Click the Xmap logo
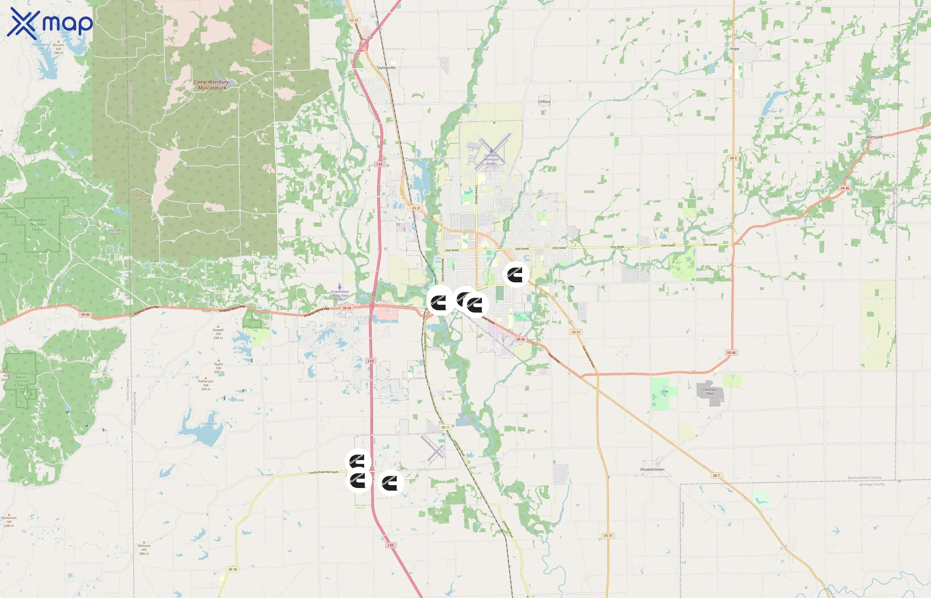[50, 23]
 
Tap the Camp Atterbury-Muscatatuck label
[212, 85]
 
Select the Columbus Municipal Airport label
[491, 159]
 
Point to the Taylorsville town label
[386, 67]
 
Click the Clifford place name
[544, 102]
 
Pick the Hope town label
[734, 49]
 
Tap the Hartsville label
[875, 137]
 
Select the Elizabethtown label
[652, 469]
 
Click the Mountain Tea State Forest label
[38, 225]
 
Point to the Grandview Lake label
[209, 425]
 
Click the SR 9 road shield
[733, 158]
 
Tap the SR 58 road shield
[232, 569]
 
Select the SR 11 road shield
[445, 427]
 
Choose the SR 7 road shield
[716, 475]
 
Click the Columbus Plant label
[710, 391]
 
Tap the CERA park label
[664, 391]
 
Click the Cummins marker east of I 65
[390, 482]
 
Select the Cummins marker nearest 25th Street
[516, 274]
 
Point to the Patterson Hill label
[205, 385]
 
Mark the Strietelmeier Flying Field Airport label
[339, 295]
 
